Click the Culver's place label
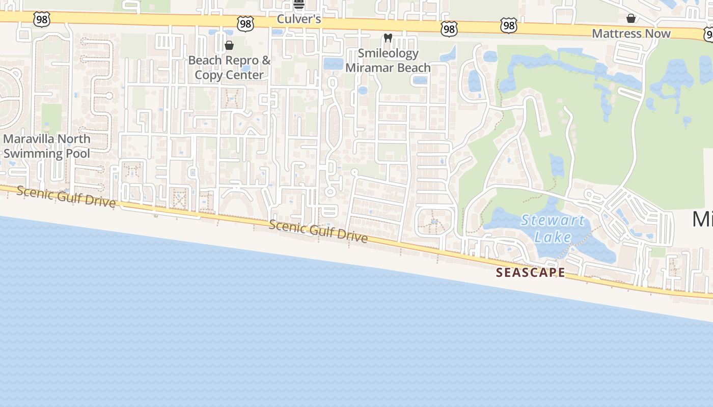click(299, 19)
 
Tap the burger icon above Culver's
click(299, 5)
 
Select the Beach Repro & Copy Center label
click(229, 68)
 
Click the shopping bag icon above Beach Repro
click(229, 46)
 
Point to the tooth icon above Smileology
click(387, 38)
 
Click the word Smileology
click(388, 53)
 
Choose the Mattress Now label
click(631, 34)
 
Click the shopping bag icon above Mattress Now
click(631, 19)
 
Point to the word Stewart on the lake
click(553, 221)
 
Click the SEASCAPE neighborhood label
click(531, 273)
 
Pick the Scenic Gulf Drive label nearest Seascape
click(318, 231)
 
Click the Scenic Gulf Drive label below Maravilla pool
click(66, 196)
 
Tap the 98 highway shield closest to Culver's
click(245, 23)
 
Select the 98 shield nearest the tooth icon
click(449, 29)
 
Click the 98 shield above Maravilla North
click(41, 19)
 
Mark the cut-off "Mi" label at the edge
click(702, 219)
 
